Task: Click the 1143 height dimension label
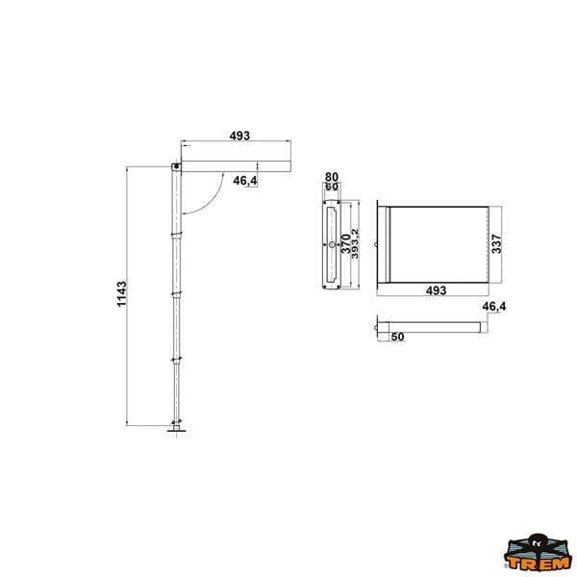[x=122, y=293]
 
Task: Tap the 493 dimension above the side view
[x=239, y=136]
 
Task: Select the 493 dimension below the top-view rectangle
[x=436, y=290]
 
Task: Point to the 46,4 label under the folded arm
[x=245, y=181]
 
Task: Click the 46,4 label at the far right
[x=494, y=306]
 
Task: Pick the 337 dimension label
[x=496, y=243]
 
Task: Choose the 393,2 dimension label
[x=355, y=243]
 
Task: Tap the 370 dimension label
[x=346, y=243]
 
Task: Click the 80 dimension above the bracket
[x=332, y=177]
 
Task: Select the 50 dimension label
[x=397, y=337]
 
